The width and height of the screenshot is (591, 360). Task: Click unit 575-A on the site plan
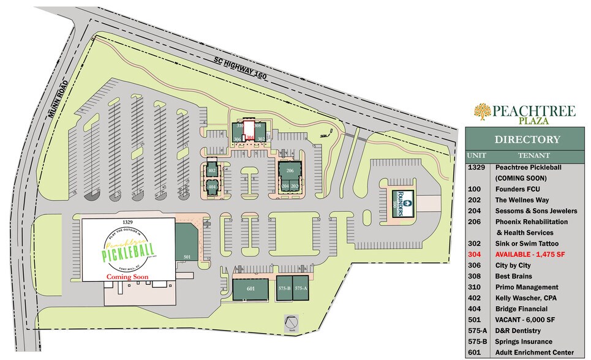tap(300, 288)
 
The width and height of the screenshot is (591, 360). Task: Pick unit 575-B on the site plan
tap(284, 288)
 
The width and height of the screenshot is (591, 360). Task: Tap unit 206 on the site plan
tap(290, 171)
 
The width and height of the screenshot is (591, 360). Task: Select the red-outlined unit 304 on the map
tap(250, 135)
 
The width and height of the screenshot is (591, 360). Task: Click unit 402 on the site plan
tap(213, 170)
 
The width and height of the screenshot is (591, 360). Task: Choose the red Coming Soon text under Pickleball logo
tap(127, 277)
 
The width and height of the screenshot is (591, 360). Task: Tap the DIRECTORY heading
tap(527, 140)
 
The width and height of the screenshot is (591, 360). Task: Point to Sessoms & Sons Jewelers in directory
tap(535, 211)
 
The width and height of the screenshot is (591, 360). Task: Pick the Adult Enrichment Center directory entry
tap(534, 352)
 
